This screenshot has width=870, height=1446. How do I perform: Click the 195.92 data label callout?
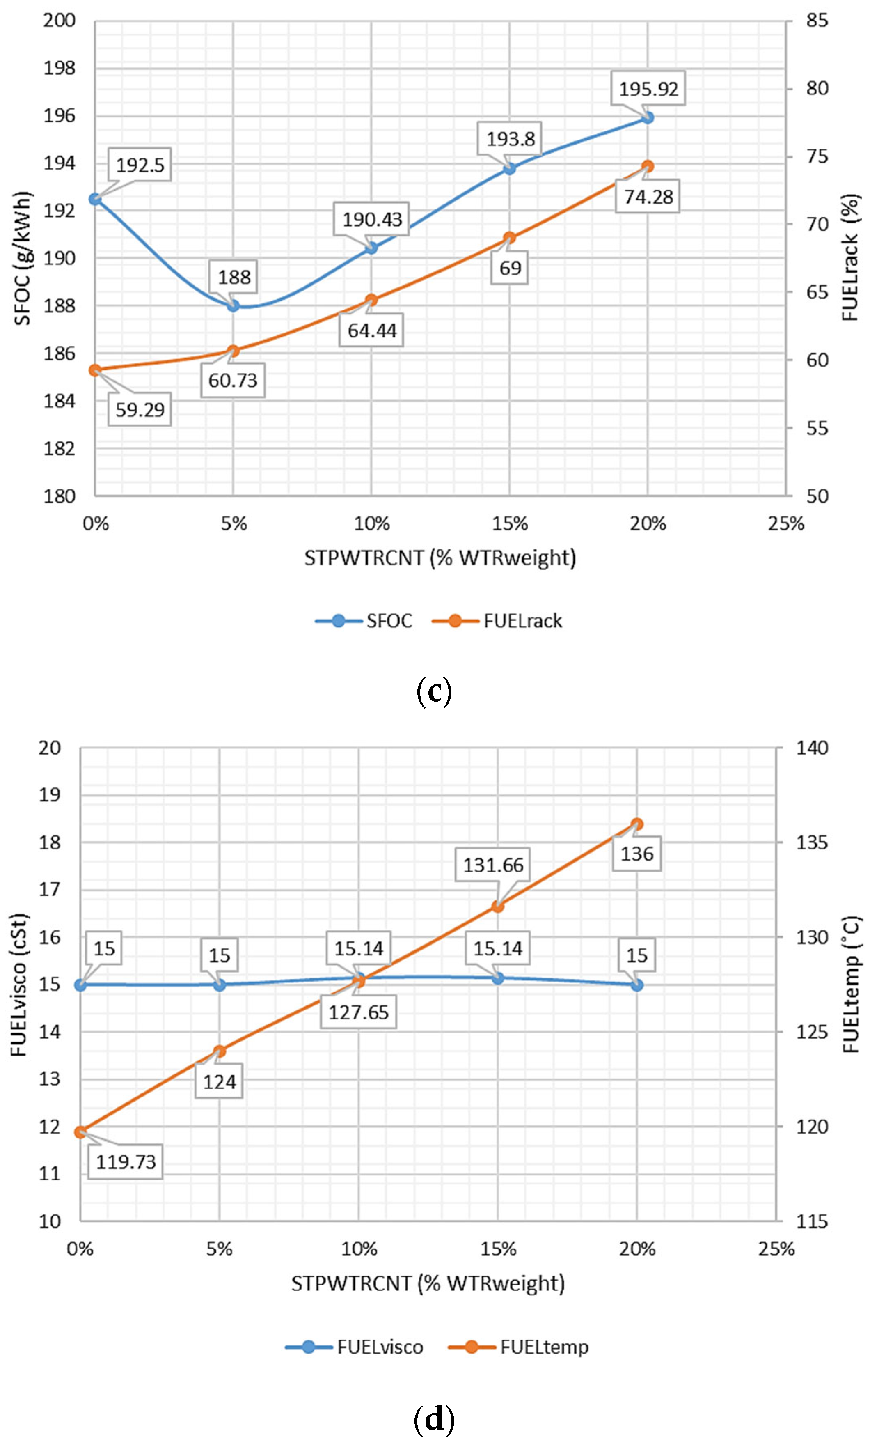pyautogui.click(x=648, y=89)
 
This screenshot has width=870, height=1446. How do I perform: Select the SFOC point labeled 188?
pyautogui.click(x=234, y=305)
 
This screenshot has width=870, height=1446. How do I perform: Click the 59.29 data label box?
pyautogui.click(x=140, y=409)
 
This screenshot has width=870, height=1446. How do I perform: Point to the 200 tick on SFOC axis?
pyautogui.click(x=59, y=21)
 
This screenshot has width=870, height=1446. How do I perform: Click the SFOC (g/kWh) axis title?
pyautogui.click(x=22, y=258)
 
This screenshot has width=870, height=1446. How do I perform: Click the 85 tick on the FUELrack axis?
pyautogui.click(x=817, y=21)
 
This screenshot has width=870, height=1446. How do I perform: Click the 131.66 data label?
pyautogui.click(x=492, y=865)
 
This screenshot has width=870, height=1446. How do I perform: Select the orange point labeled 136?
pyautogui.click(x=637, y=824)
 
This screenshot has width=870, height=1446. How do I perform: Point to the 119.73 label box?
pyautogui.click(x=126, y=1161)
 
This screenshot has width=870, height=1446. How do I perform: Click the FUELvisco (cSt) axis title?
pyautogui.click(x=19, y=985)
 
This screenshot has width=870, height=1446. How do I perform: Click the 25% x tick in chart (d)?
pyautogui.click(x=776, y=1249)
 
